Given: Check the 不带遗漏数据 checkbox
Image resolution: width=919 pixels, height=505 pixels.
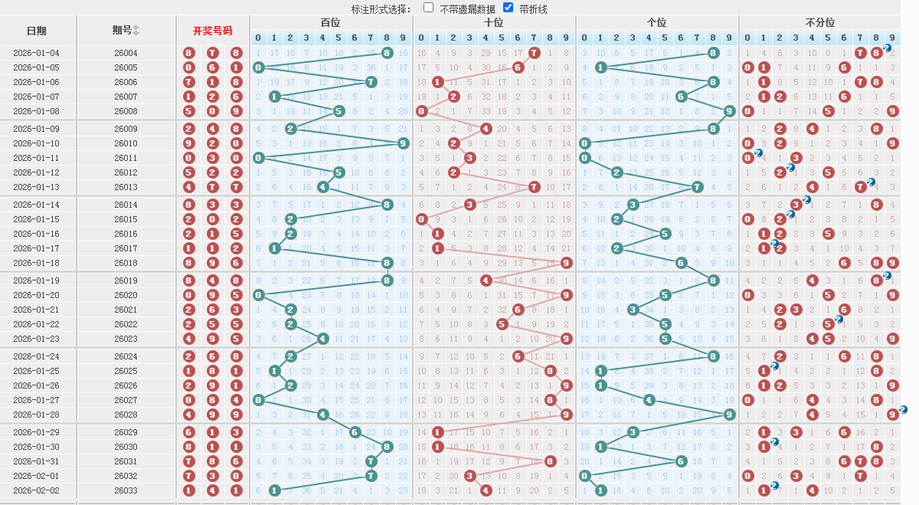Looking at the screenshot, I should (428, 8).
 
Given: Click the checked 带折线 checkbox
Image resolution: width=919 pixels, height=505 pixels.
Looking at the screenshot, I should (508, 8).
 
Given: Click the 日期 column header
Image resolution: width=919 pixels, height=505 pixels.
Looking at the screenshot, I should (36, 31).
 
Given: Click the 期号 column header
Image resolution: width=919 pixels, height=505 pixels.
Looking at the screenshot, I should (123, 30).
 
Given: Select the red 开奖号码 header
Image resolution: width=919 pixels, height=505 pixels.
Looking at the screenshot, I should (212, 31).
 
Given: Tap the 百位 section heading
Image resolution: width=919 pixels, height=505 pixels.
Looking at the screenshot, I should (331, 23).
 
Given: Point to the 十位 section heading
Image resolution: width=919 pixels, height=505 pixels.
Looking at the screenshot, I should (494, 23).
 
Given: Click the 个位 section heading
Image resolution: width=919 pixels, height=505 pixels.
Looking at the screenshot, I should (657, 23).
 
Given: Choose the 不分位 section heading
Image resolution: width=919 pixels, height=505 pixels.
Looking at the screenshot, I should (819, 23).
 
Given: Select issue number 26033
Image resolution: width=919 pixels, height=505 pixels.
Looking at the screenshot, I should (126, 490).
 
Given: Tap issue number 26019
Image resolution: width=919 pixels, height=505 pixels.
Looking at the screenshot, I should (126, 280).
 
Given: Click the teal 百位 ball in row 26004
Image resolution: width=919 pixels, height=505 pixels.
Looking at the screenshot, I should (387, 53).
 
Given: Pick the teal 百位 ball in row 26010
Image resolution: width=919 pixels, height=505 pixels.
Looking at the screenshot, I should (403, 143).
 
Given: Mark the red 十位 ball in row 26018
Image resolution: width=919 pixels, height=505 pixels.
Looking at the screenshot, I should (566, 263).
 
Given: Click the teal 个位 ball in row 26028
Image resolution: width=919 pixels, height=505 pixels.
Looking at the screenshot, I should (729, 415).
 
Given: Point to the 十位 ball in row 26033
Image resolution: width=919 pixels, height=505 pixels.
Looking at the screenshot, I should (486, 490).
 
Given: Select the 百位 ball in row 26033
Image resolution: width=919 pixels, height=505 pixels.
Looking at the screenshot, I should (274, 490).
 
